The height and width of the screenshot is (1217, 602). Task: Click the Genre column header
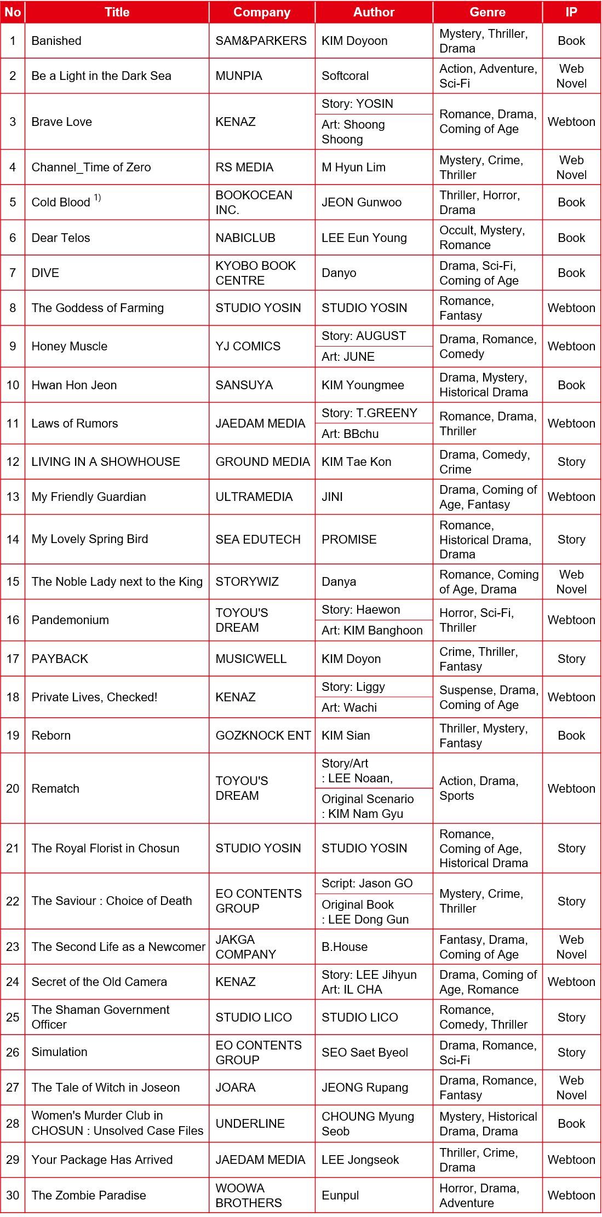[x=487, y=12]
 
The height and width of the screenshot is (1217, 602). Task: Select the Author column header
[x=374, y=12]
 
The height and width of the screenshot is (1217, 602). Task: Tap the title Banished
[x=56, y=41]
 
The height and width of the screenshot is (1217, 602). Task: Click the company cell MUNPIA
[x=239, y=76]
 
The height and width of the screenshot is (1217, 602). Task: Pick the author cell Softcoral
[x=345, y=76]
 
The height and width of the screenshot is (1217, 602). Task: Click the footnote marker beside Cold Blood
[x=98, y=198]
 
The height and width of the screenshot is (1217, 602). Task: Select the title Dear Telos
[x=61, y=238]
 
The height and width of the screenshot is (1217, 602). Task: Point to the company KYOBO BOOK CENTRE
[x=255, y=273]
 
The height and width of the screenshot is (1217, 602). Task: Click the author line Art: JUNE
[x=348, y=356]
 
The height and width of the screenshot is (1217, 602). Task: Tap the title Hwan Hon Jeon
[x=74, y=385]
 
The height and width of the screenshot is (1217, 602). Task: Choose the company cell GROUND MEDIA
[x=262, y=462]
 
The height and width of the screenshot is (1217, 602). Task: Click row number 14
[x=13, y=539]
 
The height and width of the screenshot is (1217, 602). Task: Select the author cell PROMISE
[x=349, y=539]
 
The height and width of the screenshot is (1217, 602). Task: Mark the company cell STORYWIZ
[x=247, y=581]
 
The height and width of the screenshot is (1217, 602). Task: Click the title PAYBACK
[x=60, y=659]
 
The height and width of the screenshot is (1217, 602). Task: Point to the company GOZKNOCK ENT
[x=263, y=735]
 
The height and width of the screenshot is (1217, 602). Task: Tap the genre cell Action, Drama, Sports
[x=479, y=788]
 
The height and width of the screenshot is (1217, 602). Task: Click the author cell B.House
[x=345, y=947]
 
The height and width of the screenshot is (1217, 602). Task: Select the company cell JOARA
[x=236, y=1087]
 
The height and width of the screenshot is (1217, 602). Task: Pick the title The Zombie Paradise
[x=89, y=1195]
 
